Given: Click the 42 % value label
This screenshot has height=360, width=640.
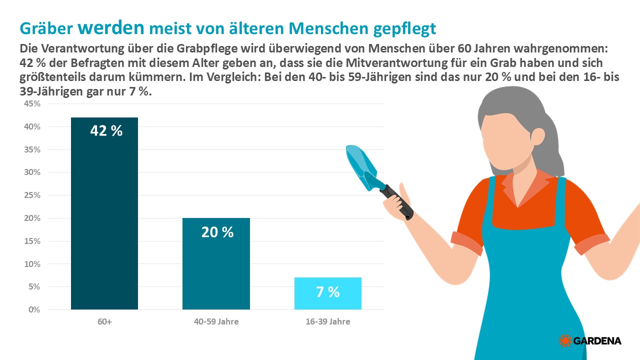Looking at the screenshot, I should [106, 131].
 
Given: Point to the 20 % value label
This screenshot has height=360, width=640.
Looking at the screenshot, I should [217, 232].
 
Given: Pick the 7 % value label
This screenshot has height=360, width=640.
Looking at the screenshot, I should [328, 292].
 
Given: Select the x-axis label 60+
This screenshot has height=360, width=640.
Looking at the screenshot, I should [104, 321].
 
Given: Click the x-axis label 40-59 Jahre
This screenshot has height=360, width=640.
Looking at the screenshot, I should [216, 321].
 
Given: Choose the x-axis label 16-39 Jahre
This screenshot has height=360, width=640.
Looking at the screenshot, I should [328, 321].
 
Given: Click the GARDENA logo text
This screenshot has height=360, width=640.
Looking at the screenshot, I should [597, 341].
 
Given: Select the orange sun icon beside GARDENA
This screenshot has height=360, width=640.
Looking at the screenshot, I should [565, 340].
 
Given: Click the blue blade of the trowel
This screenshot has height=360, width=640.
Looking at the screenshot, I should [361, 165].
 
